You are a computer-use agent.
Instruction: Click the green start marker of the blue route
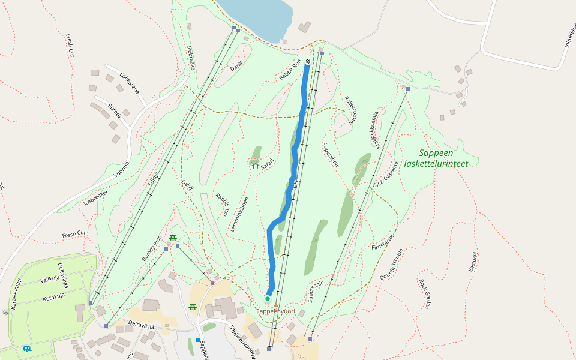point(268,298)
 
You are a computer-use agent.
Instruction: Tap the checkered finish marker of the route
point(308,61)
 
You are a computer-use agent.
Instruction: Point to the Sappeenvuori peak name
point(275,311)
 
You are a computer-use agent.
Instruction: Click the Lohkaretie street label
point(130,83)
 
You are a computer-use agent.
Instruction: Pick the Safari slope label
point(267,163)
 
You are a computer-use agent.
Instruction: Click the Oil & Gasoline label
point(385,175)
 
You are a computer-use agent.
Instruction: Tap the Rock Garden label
point(425,293)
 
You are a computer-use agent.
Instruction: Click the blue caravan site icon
point(26,349)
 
